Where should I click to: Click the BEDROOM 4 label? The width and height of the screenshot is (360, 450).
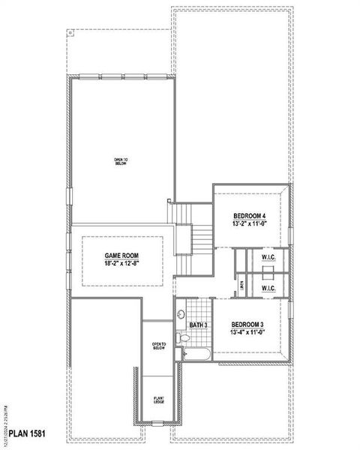click(x=250, y=216)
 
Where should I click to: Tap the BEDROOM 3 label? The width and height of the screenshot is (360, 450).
click(x=247, y=324)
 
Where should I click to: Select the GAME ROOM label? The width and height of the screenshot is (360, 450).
click(x=121, y=256)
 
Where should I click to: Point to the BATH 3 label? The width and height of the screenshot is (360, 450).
click(x=197, y=325)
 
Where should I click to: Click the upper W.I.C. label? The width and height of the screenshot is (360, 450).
click(x=268, y=259)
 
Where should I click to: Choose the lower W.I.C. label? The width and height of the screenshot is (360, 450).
click(x=268, y=288)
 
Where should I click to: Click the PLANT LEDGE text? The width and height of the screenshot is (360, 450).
click(x=159, y=400)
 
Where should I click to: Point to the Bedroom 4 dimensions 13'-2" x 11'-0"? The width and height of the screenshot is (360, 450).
click(x=250, y=224)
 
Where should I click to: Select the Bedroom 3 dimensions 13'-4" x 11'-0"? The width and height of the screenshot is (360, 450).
click(x=247, y=331)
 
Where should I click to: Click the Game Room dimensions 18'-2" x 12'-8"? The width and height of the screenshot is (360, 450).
click(x=121, y=264)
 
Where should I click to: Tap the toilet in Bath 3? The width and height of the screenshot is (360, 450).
click(x=183, y=340)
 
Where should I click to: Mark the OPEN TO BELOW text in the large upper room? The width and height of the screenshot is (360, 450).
click(x=121, y=161)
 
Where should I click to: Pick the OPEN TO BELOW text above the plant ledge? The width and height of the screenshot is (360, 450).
click(x=159, y=346)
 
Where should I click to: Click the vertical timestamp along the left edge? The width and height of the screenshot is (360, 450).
click(x=5, y=421)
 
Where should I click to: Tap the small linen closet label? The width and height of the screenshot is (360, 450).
click(x=242, y=286)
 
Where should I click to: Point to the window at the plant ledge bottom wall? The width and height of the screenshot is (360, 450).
click(x=158, y=424)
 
